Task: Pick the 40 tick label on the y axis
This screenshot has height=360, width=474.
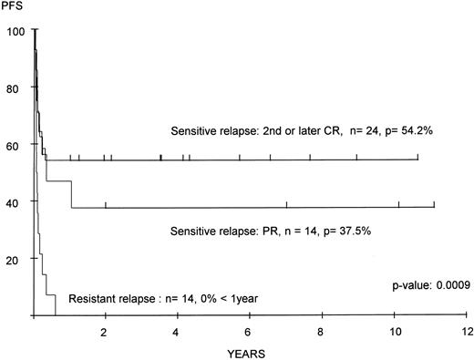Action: point(15,201)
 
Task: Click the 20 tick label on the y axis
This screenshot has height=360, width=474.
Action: point(15,259)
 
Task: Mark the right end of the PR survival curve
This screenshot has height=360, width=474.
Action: point(435,207)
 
